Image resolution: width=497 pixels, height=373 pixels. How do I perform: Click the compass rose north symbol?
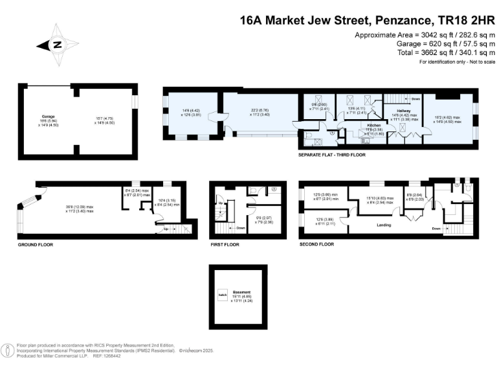(57, 45)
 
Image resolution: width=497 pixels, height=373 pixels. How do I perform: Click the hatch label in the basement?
(222, 296)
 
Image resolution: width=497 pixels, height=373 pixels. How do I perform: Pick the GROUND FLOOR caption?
(35, 245)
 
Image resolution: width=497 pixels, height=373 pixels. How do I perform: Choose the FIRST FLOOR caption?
(225, 245)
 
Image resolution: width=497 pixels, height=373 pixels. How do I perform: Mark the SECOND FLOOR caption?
(316, 244)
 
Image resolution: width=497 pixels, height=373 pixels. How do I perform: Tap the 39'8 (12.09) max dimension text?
(80, 207)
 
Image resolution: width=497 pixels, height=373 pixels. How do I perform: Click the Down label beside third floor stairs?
(415, 99)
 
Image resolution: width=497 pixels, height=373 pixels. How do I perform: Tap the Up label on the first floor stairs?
(220, 203)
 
